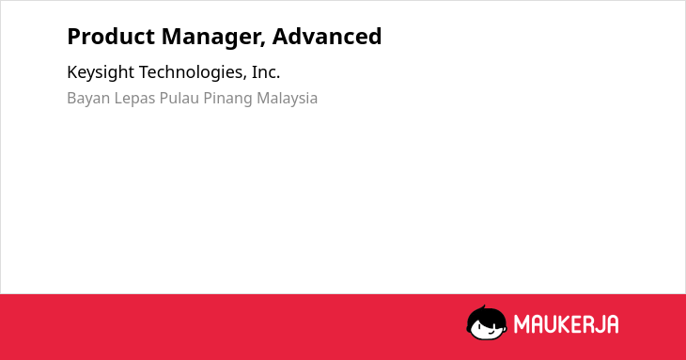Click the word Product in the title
[x=111, y=37]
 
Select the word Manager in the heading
[x=213, y=38]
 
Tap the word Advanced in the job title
[x=327, y=37]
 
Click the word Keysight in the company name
[x=101, y=72]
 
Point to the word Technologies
[x=193, y=72]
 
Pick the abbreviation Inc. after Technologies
[x=266, y=72]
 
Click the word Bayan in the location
[x=88, y=99]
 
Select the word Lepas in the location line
[x=134, y=99]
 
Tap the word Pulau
[x=179, y=98]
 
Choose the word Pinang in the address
[x=227, y=99]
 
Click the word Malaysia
[x=287, y=99]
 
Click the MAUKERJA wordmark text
[x=566, y=324]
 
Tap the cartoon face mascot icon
[x=487, y=322]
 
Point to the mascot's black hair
[x=486, y=315]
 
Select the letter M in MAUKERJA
[x=522, y=324]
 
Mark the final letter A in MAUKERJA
[x=613, y=324]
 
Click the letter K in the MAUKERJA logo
[x=563, y=324]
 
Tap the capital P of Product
[x=74, y=37]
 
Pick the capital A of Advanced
[x=280, y=37]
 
